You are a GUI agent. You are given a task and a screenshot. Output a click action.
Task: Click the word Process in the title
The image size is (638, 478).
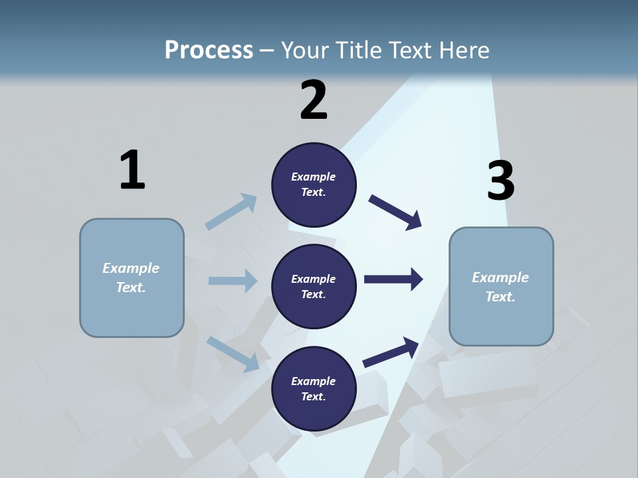pyautogui.click(x=209, y=50)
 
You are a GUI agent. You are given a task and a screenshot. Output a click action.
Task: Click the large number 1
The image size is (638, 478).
pyautogui.click(x=132, y=170)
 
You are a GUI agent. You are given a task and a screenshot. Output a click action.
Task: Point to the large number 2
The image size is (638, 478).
pyautogui.click(x=314, y=100)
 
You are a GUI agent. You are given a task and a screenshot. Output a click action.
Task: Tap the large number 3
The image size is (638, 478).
pyautogui.click(x=500, y=180)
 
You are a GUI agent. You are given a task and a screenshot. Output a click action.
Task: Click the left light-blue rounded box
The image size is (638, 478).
pyautogui.click(x=132, y=278)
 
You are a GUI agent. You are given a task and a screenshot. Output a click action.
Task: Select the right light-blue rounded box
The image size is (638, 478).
pyautogui.click(x=501, y=286)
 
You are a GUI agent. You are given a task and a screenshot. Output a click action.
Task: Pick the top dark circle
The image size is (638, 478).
pyautogui.click(x=314, y=185)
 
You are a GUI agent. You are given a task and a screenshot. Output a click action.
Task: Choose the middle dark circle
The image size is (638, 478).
pyautogui.click(x=314, y=286)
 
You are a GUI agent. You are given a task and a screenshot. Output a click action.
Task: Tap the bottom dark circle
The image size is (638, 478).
pyautogui.click(x=314, y=388)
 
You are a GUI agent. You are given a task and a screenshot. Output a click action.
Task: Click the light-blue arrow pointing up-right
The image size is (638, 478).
pyautogui.click(x=231, y=212)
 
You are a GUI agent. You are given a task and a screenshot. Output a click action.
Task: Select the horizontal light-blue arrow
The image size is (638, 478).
pyautogui.click(x=233, y=281)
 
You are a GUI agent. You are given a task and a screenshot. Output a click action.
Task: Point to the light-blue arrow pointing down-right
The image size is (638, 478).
pyautogui.click(x=233, y=353)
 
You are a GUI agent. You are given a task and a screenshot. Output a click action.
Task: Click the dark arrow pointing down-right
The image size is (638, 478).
pyautogui.click(x=395, y=212)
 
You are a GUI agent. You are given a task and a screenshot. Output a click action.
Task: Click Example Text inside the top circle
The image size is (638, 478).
pyautogui.click(x=314, y=185)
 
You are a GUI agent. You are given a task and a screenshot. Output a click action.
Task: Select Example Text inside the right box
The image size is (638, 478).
pyautogui.click(x=500, y=287)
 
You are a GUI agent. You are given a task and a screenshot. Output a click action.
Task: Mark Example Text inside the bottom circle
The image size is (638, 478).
pyautogui.click(x=314, y=388)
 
